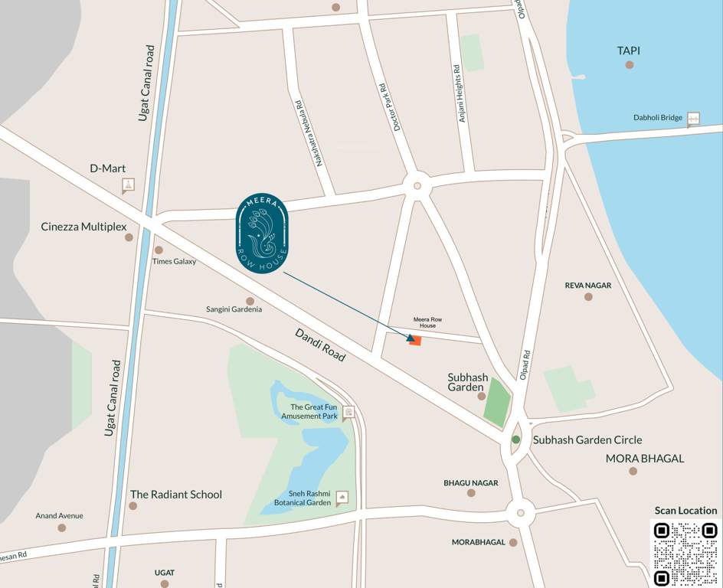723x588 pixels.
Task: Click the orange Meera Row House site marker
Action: click(415, 340)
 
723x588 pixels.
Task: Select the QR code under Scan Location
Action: click(685, 553)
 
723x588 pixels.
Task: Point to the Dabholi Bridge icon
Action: click(693, 119)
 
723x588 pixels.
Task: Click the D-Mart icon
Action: click(128, 185)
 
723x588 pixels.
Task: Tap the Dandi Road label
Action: click(320, 345)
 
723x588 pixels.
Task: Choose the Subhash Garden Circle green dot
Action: click(516, 439)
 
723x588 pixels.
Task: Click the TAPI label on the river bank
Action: click(628, 51)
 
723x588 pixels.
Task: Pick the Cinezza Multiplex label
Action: click(83, 227)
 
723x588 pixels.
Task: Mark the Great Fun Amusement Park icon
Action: click(348, 413)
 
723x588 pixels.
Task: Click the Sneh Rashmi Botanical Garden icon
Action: click(342, 498)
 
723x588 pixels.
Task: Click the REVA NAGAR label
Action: click(588, 286)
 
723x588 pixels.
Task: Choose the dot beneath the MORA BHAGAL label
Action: click(633, 471)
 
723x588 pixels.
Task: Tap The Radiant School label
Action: click(175, 495)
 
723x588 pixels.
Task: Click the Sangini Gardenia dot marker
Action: click(250, 302)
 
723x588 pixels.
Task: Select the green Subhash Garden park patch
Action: click(496, 403)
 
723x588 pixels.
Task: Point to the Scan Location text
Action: click(685, 511)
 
